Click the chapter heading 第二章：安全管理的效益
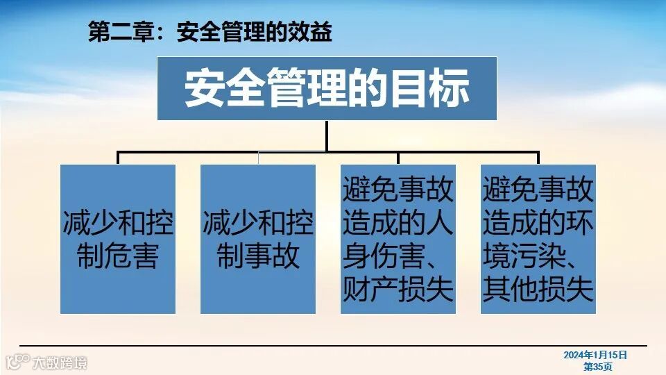(210, 33)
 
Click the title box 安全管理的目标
(327, 88)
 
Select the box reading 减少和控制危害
(118, 239)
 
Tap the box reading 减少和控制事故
(258, 239)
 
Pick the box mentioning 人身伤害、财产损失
(398, 239)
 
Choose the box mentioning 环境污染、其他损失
(538, 239)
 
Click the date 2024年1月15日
(595, 355)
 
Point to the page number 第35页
(597, 366)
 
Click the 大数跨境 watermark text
(60, 362)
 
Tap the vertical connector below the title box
(327, 135)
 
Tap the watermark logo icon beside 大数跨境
(18, 361)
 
